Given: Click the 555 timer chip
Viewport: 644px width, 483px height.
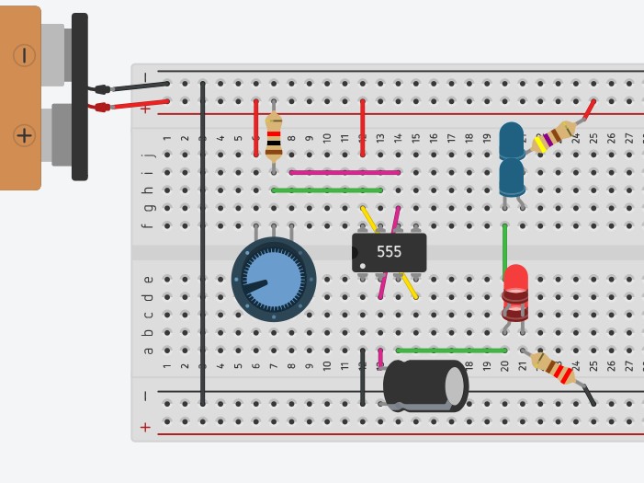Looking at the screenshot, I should click(389, 252).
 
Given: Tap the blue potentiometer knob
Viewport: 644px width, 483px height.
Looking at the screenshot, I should click(274, 279).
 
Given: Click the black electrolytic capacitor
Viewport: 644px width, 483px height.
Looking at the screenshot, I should click(424, 385).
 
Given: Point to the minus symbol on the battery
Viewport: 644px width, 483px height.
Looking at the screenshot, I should click(24, 55).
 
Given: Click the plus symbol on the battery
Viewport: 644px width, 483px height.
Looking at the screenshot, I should click(24, 136).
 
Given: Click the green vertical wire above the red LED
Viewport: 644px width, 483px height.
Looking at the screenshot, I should click(504, 247).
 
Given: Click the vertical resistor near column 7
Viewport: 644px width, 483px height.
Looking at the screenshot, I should click(274, 139).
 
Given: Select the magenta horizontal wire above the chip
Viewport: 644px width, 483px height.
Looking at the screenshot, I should click(345, 172).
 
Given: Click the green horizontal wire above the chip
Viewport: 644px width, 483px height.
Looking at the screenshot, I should click(327, 190).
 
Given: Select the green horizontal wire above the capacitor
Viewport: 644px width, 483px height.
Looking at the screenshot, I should click(451, 351).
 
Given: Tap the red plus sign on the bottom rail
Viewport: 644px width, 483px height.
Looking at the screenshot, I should click(145, 427).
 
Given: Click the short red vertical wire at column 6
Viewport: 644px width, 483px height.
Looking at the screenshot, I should click(255, 128).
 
